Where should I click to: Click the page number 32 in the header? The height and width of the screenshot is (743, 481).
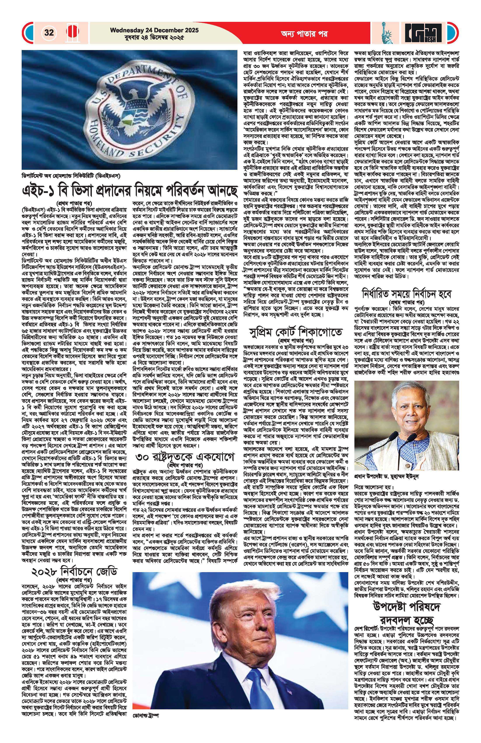49,33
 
